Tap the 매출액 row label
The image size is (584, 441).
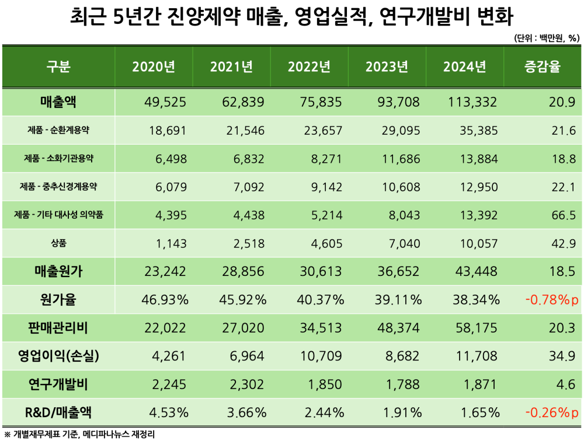click(58, 102)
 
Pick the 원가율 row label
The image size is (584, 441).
click(58, 300)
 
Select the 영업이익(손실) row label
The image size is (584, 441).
click(58, 356)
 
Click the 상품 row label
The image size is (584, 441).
click(58, 243)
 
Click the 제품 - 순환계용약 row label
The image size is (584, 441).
click(58, 131)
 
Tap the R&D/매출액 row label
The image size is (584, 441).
click(58, 412)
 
